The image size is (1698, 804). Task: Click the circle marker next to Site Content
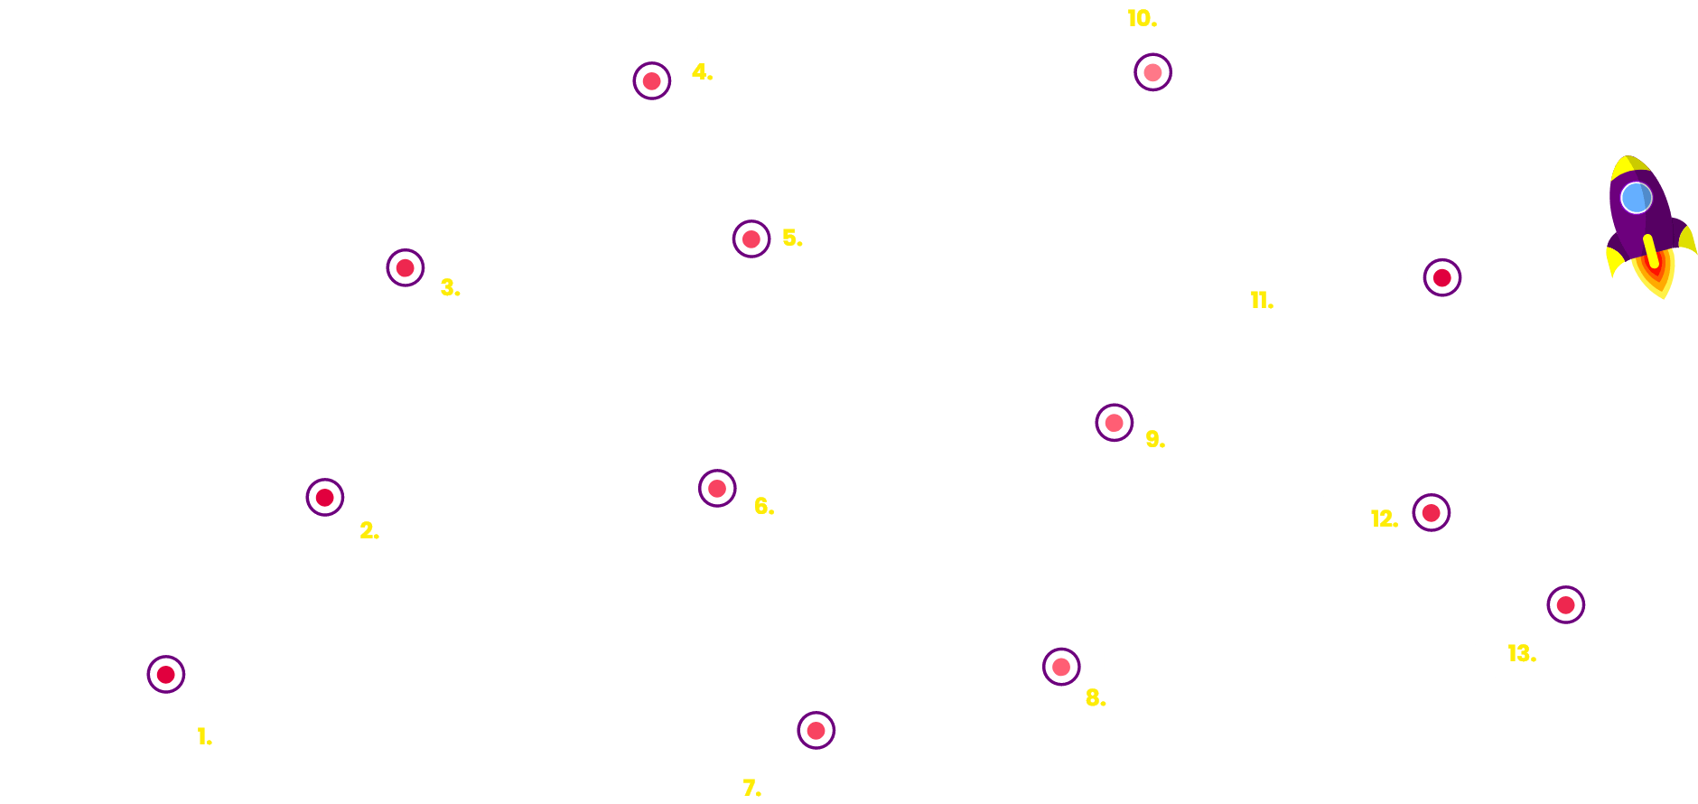point(166,674)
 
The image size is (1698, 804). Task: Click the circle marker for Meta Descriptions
point(652,81)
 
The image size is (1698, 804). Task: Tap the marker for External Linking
point(1061,668)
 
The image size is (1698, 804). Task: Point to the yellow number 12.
point(1383,519)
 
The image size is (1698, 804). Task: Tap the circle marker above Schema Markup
point(1566,604)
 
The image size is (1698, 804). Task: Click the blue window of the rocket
point(1636,198)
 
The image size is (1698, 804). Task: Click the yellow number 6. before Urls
point(764,506)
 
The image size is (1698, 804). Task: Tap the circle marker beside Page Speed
point(1442,277)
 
